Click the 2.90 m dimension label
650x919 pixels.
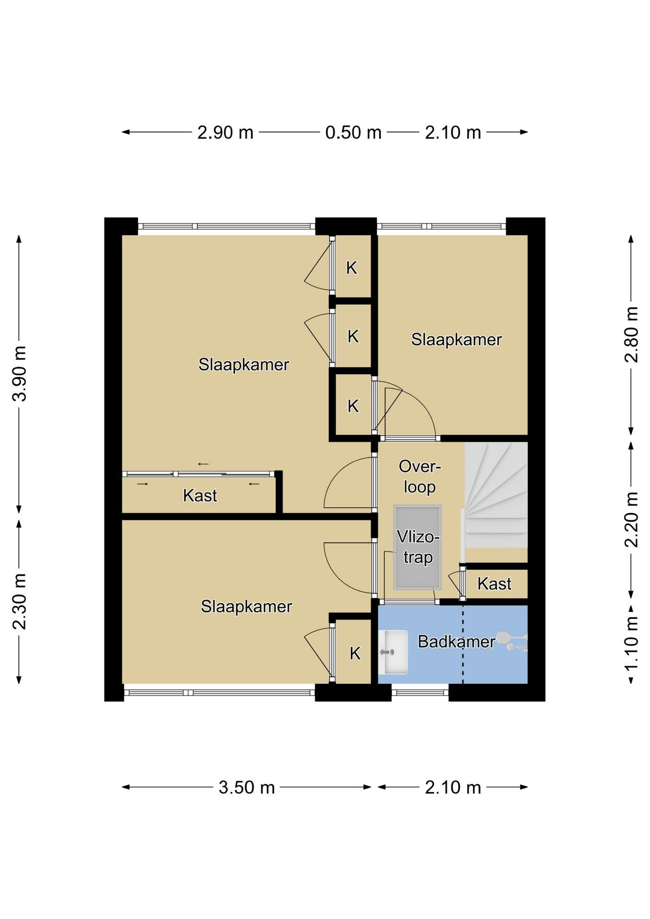tap(225, 133)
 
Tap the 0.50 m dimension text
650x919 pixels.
tap(353, 133)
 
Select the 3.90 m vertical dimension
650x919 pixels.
tap(20, 373)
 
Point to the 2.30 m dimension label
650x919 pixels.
tap(20, 601)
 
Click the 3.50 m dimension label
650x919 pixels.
tap(247, 787)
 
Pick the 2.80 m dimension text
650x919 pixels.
tap(631, 335)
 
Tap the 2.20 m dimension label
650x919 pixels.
tap(631, 519)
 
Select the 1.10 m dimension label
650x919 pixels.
tap(631, 644)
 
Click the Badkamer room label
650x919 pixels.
tap(456, 641)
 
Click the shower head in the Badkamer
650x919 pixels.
tap(503, 638)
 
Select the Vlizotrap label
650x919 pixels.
tap(418, 547)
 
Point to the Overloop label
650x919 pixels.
tap(420, 477)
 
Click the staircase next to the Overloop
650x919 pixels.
tap(496, 495)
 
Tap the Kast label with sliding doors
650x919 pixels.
tap(200, 495)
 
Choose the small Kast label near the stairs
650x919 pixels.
tap(494, 584)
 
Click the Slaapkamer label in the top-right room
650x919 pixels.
tap(456, 340)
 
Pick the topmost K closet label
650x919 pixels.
tap(352, 268)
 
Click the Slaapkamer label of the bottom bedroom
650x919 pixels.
tap(246, 607)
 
